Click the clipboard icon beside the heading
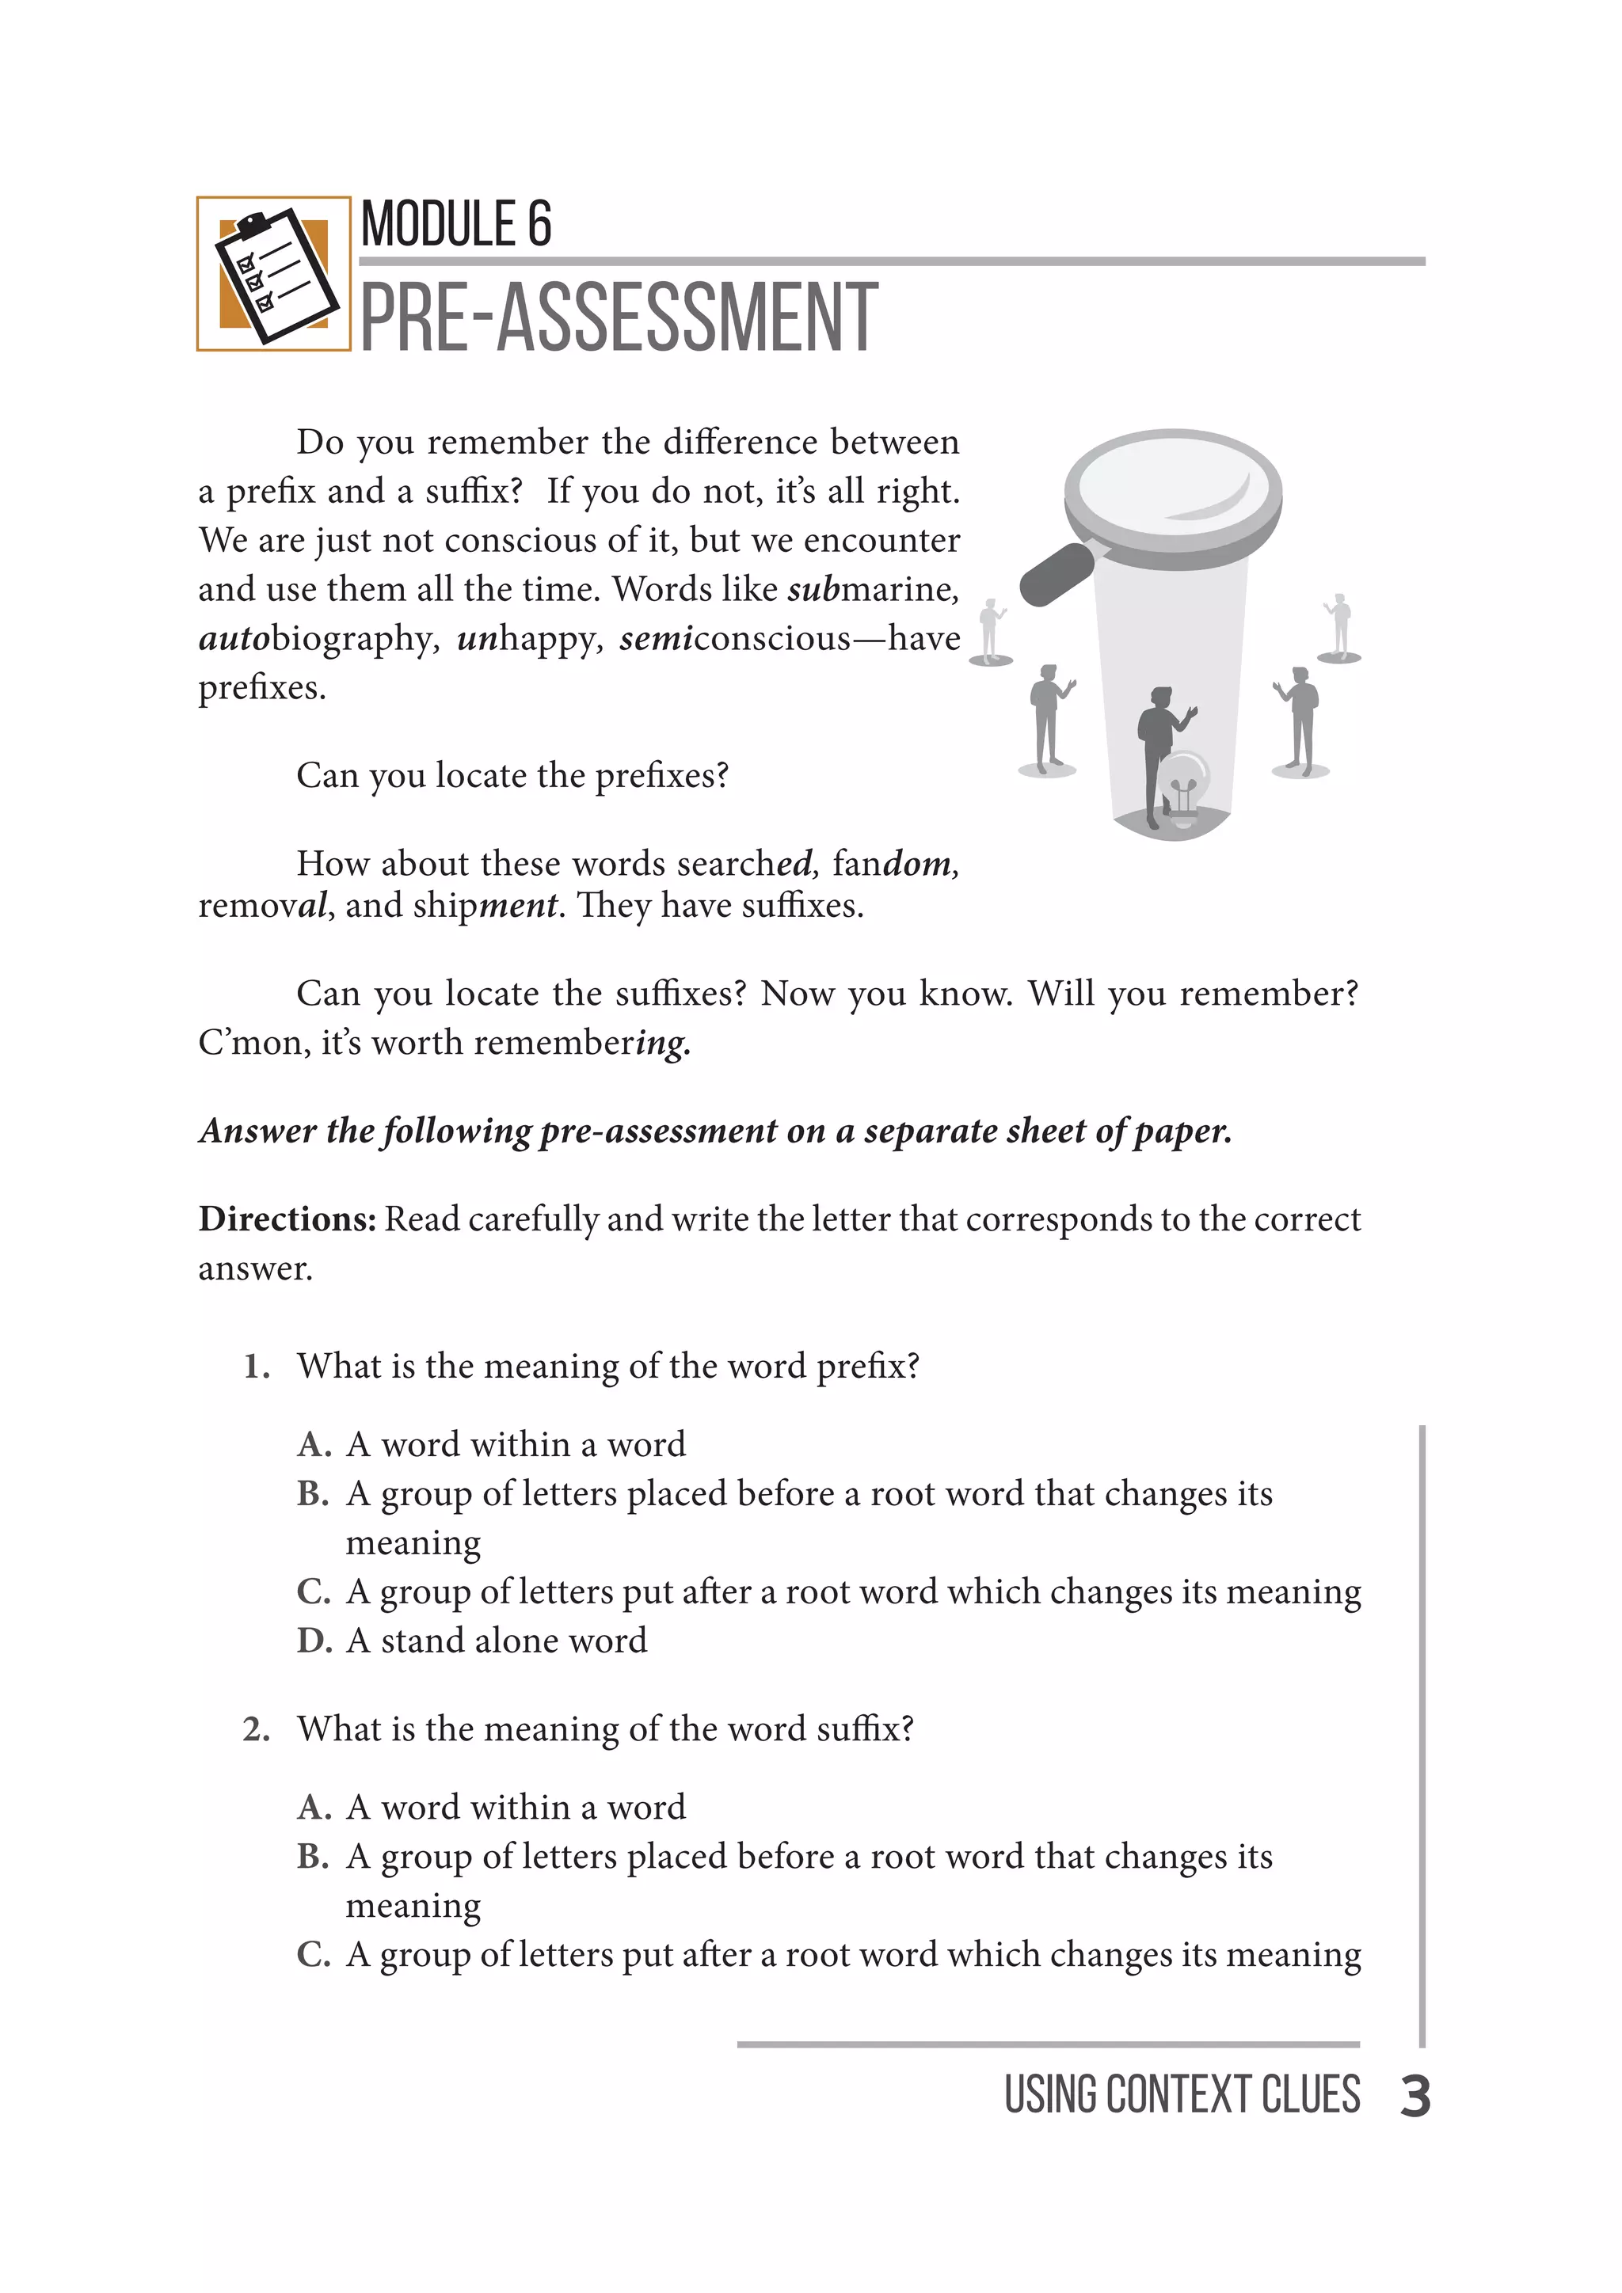click(274, 274)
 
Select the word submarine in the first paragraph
click(872, 589)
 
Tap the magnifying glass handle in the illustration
click(1057, 573)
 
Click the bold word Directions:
click(287, 1219)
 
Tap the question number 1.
click(256, 1366)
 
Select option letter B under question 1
click(313, 1494)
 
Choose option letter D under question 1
click(314, 1641)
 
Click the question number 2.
click(256, 1728)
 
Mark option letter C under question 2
click(313, 1954)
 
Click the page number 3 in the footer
click(1414, 2097)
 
